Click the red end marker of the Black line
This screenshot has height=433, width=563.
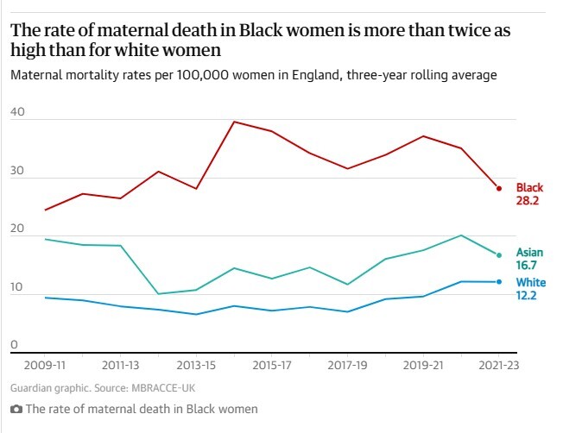click(499, 188)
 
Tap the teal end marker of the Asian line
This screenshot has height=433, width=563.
click(499, 254)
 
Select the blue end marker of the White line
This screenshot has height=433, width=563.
click(499, 282)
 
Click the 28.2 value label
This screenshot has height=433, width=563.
click(528, 201)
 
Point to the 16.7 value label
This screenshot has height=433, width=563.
click(528, 267)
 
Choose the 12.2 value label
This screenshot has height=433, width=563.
click(528, 296)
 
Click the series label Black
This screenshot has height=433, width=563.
click(529, 188)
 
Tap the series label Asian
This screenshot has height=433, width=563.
click(529, 253)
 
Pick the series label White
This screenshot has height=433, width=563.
click(530, 282)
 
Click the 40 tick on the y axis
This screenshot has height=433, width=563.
click(17, 113)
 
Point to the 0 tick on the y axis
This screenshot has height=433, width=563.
click(14, 345)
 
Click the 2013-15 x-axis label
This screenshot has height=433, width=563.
click(195, 366)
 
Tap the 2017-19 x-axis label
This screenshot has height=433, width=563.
click(348, 366)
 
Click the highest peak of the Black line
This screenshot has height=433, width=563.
click(234, 122)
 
